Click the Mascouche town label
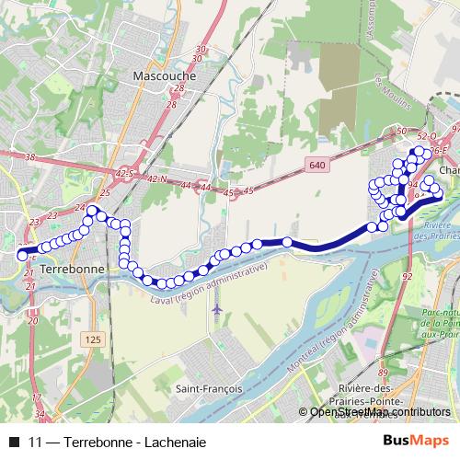[x=160, y=75]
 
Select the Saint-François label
[x=209, y=389]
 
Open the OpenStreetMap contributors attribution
[x=380, y=412]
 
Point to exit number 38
[x=30, y=158]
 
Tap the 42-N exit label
[x=155, y=179]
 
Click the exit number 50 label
[x=400, y=132]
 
